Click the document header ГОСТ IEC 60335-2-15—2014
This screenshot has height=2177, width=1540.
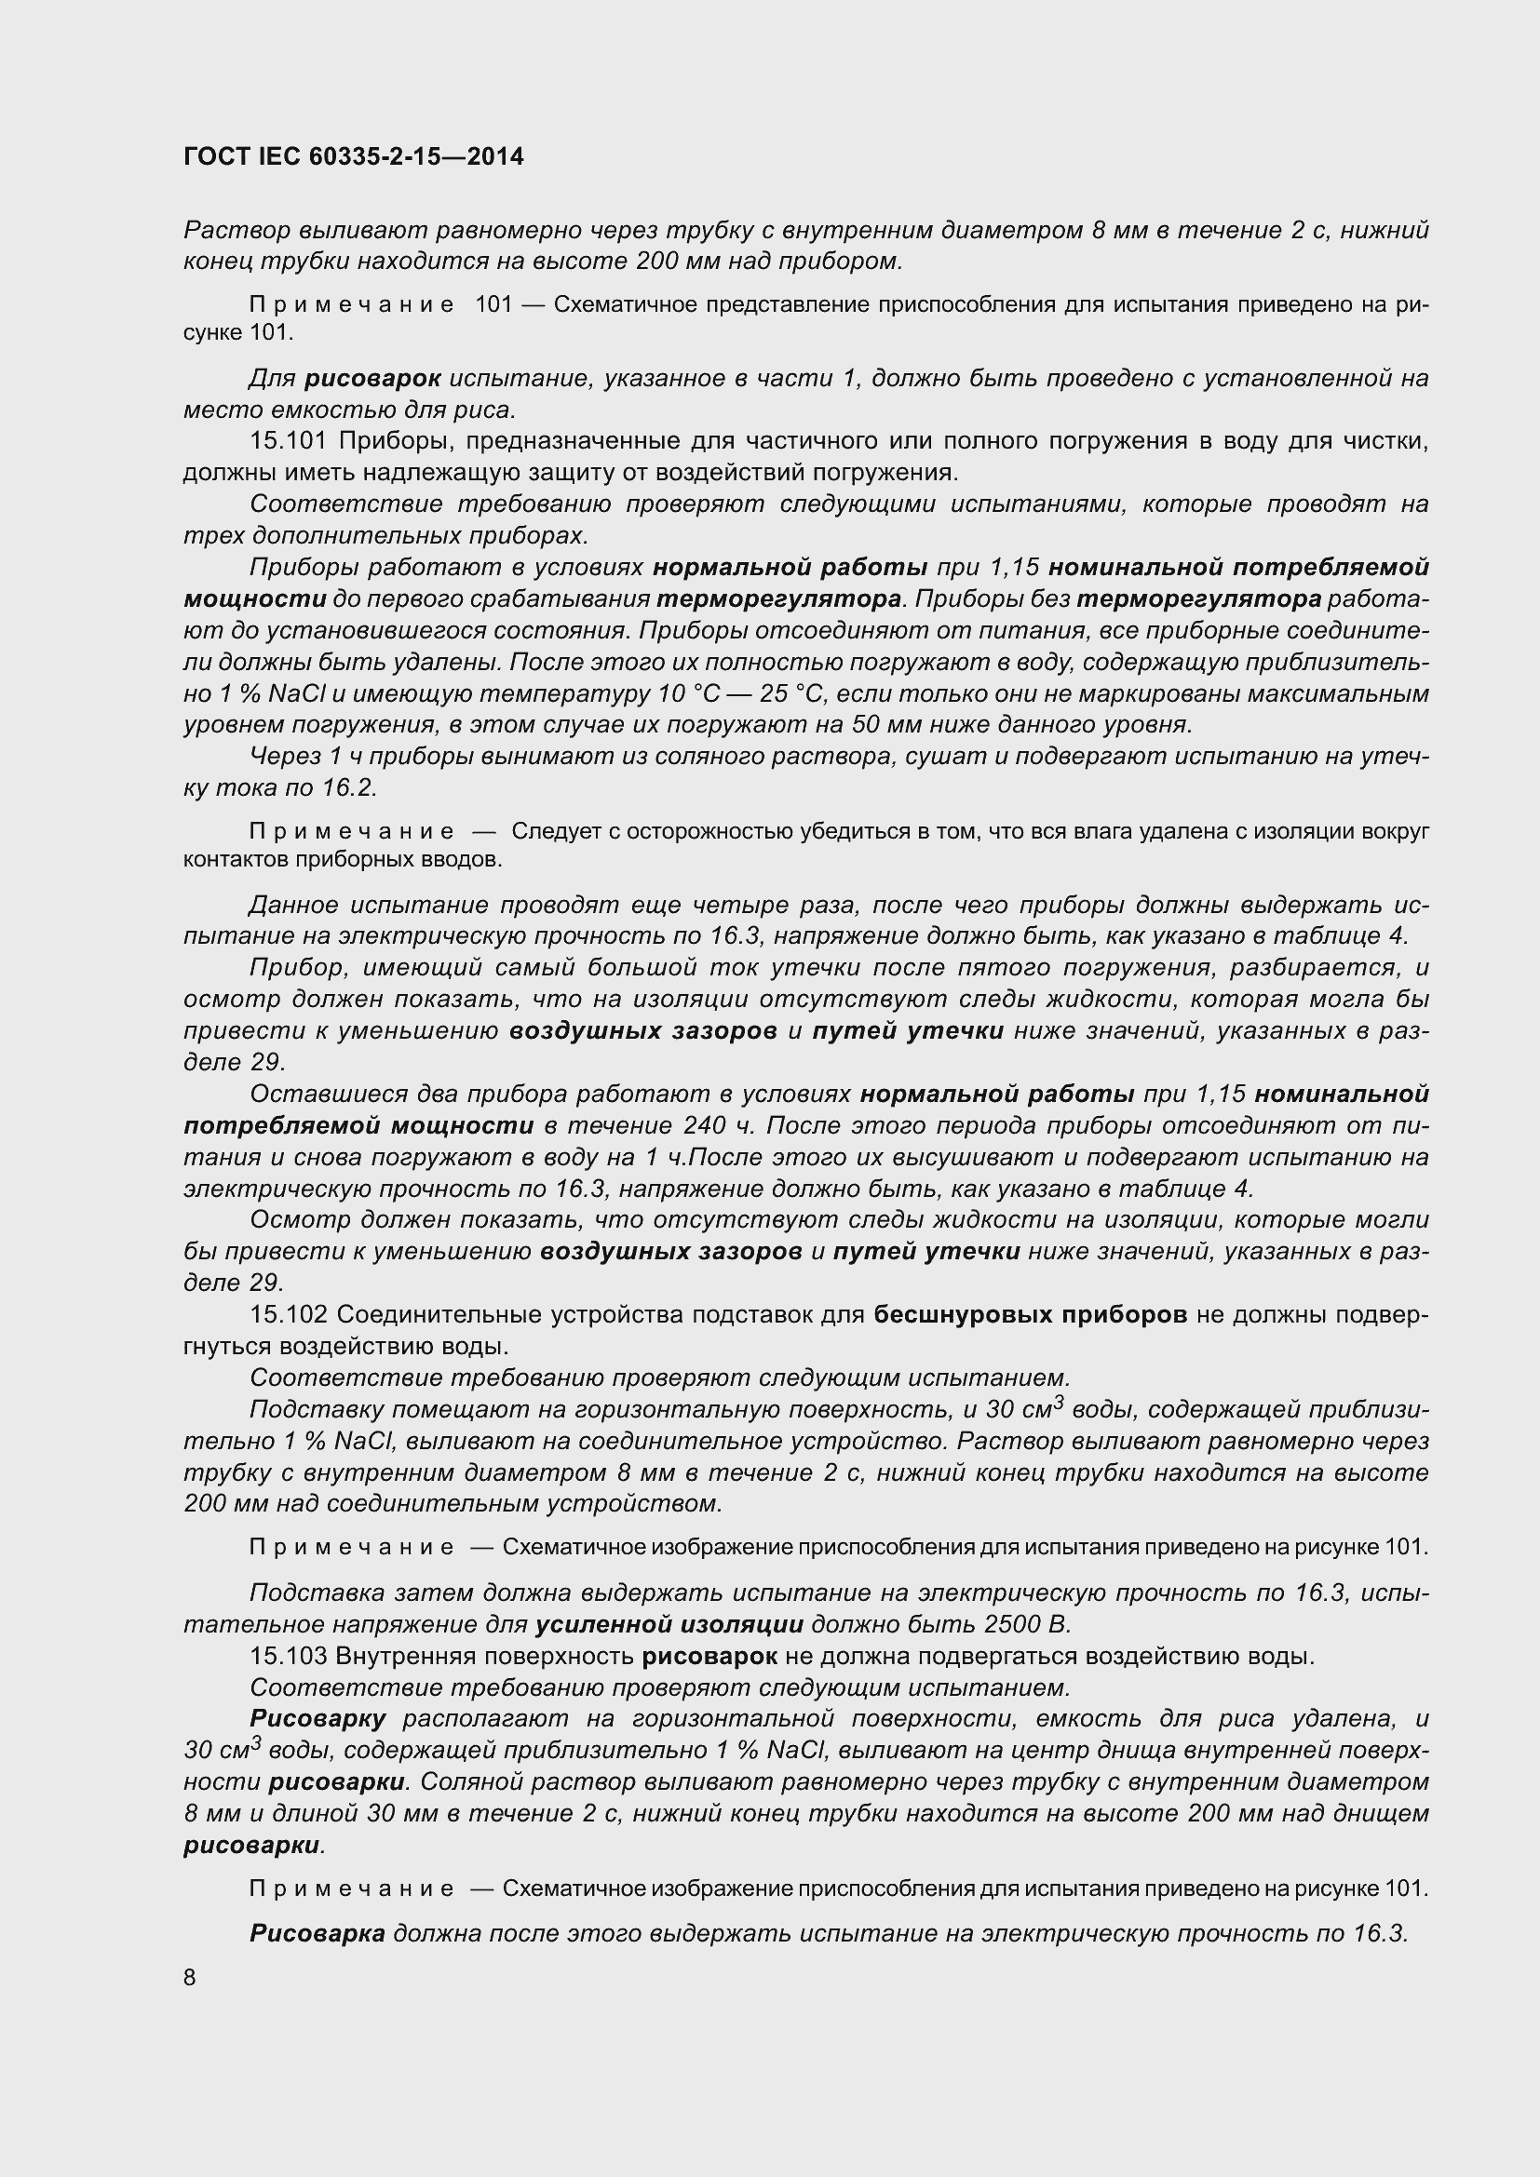point(353,156)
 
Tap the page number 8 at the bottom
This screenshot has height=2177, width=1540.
point(190,1977)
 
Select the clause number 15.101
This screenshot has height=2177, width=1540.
point(289,441)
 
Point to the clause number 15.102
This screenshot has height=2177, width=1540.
point(289,1315)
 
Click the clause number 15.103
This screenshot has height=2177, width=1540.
point(289,1657)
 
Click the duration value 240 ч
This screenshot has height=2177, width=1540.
point(720,1126)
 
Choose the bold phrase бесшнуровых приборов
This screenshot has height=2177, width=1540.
point(1030,1315)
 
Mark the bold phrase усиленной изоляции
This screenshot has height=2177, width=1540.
point(669,1625)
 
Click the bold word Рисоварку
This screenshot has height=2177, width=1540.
point(317,1719)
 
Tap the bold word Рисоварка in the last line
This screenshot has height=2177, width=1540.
point(317,1933)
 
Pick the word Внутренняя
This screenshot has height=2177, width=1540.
point(416,1657)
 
